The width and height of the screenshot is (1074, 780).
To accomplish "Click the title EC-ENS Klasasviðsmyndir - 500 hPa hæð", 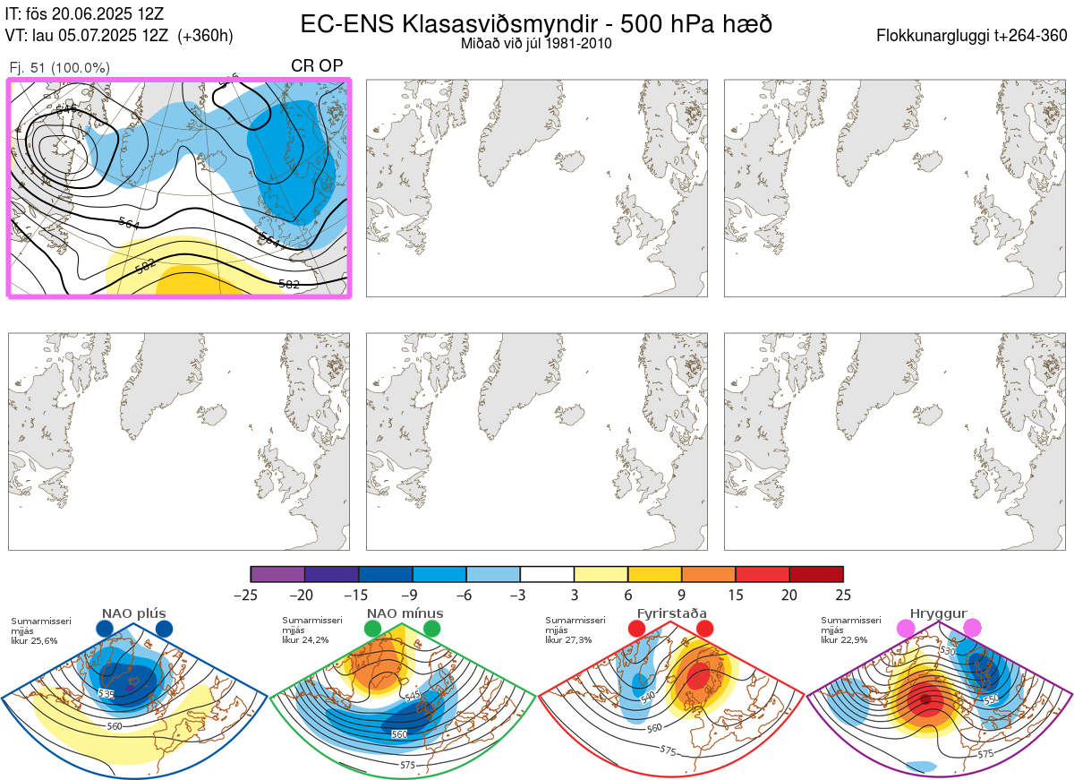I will (x=536, y=24).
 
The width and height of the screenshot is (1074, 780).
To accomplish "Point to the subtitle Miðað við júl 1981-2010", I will (x=536, y=43).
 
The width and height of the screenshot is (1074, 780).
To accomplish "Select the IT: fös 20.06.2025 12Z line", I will (x=86, y=13).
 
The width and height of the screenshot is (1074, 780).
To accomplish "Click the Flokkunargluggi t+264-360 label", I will (x=974, y=36).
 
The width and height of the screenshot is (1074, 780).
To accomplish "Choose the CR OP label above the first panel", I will (x=317, y=67).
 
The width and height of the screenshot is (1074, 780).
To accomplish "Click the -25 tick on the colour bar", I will (x=251, y=594).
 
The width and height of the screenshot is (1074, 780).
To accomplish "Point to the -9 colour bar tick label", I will (x=413, y=594).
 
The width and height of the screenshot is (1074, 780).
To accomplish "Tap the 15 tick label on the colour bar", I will (x=736, y=594).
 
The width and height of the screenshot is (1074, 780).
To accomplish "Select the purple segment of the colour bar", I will (x=277, y=574).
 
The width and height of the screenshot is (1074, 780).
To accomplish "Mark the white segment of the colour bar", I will (x=547, y=574).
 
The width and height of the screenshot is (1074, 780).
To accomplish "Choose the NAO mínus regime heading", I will (x=405, y=613).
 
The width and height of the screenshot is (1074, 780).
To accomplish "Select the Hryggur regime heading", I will (x=939, y=613).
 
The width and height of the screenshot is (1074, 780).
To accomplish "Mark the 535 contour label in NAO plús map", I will (x=107, y=693).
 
